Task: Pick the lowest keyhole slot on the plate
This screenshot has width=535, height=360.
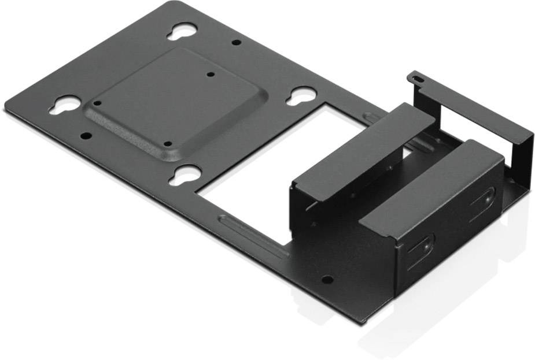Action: pos(185,174)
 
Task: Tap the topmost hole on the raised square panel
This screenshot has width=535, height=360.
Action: pos(210,74)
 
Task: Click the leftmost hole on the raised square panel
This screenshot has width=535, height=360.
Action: pos(97,103)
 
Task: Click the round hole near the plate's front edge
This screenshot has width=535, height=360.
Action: pos(327,280)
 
